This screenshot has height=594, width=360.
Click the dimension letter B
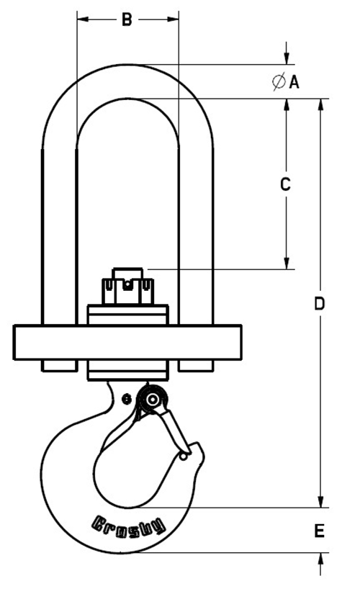point(127,20)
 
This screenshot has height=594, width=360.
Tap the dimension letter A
point(294,82)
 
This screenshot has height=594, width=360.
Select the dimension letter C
point(285,184)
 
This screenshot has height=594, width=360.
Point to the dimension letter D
point(320,304)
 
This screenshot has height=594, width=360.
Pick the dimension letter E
point(320,531)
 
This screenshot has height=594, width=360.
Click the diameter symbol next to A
point(279,82)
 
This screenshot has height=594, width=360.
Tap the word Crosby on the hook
point(129,526)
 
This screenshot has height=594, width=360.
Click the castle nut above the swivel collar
point(127,287)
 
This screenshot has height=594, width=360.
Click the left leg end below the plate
point(59,366)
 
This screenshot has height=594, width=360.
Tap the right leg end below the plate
point(196,366)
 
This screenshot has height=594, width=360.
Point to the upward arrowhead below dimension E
point(320,559)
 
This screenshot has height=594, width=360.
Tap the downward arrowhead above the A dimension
point(287,58)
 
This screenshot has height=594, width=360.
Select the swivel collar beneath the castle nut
point(127,315)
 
